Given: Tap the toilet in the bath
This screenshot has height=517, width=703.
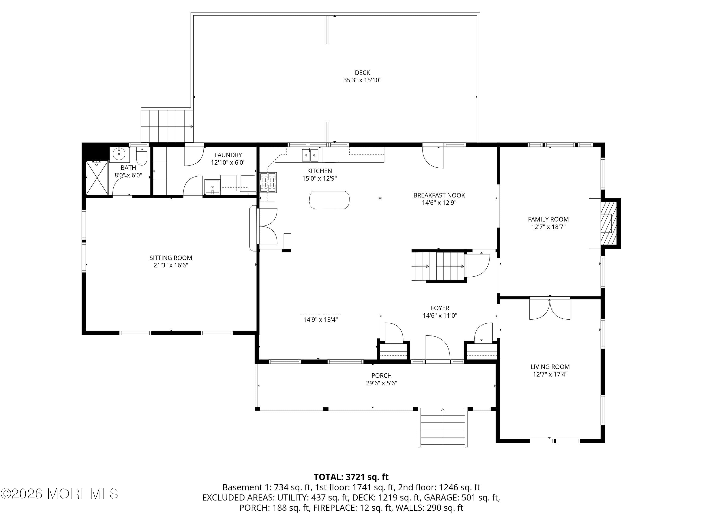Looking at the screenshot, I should coord(142,156).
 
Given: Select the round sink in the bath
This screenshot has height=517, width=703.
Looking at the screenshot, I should coord(119,154).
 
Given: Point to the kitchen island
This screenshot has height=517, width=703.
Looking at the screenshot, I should coord(329,200).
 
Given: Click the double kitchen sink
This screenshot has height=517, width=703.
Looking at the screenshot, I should coord(310,155).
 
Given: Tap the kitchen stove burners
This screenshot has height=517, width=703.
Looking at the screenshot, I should coord(268,182).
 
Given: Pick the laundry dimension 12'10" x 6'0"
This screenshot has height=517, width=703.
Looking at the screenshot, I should coord(228,162).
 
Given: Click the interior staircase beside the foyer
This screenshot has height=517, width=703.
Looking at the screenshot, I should coord(439,266).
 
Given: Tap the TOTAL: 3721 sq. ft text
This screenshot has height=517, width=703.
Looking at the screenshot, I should coord(351,477).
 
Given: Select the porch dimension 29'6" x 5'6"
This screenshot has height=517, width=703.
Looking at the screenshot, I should coord(381,383).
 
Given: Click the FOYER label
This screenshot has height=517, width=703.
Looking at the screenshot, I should coord(440,308).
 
